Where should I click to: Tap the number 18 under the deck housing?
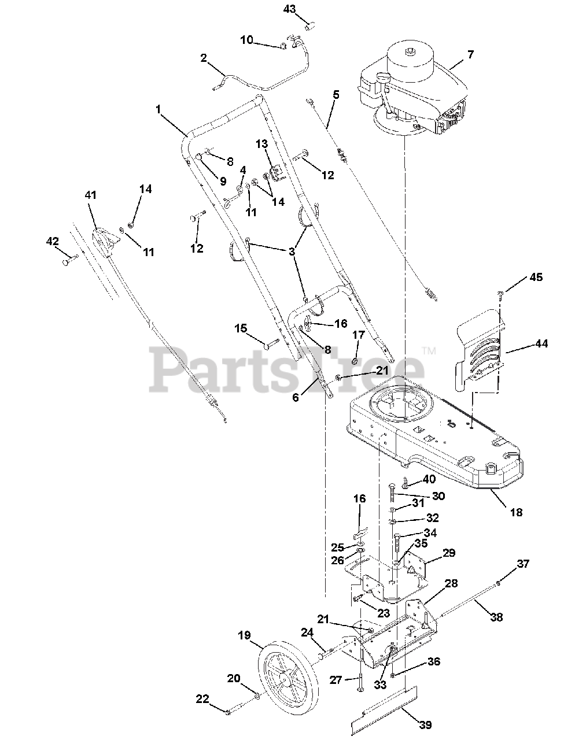516,512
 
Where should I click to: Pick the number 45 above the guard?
536,277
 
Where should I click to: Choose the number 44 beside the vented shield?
541,344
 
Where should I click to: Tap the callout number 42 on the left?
53,242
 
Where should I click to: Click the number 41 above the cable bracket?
91,195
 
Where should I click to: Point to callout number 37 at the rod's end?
523,564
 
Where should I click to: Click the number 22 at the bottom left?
202,699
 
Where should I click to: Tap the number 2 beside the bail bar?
204,58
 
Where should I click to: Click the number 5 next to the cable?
336,94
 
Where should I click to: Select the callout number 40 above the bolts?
429,479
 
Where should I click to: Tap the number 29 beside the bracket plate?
449,553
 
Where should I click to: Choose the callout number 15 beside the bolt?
241,328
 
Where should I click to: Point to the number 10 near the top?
246,40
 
